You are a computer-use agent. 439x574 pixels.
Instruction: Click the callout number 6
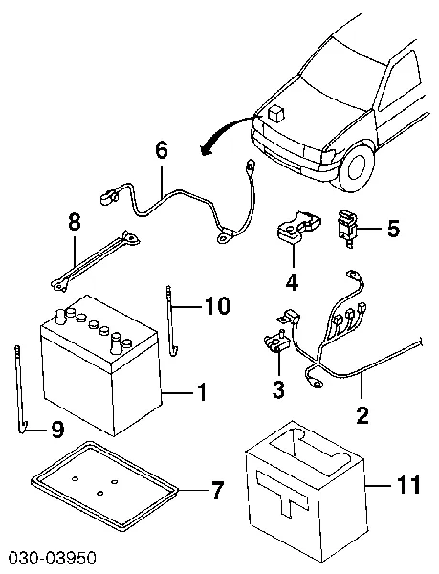[x=162, y=150]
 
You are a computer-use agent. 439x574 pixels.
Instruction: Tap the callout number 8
[x=75, y=223]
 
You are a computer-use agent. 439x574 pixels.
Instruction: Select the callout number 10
[x=217, y=306]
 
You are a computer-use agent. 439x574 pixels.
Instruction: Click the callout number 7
[x=217, y=491]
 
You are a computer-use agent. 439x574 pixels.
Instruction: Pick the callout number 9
[x=57, y=429]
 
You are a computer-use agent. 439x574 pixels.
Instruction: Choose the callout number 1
[x=202, y=392]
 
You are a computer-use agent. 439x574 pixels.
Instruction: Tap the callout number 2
[x=362, y=415]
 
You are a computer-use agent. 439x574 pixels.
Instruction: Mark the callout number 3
[x=278, y=389]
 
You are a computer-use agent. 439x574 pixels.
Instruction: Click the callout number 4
[x=292, y=282]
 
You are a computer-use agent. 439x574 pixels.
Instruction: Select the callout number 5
[x=393, y=229]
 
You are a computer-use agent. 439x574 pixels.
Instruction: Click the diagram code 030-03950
[x=52, y=559]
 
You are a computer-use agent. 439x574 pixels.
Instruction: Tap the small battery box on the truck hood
[x=277, y=113]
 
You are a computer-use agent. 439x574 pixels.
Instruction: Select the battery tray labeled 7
[x=104, y=485]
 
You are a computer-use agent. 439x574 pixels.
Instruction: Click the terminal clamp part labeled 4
[x=297, y=227]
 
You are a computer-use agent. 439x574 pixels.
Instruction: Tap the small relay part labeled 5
[x=347, y=229]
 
